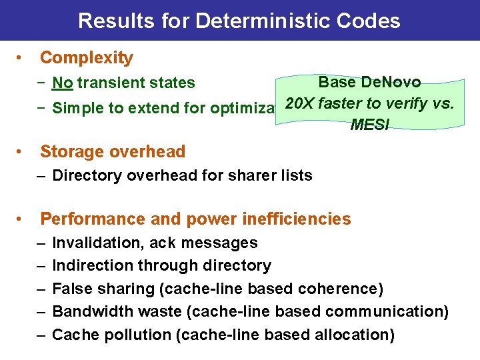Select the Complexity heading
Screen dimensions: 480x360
click(87, 58)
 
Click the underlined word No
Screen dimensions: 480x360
click(63, 83)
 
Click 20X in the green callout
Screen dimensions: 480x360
click(299, 104)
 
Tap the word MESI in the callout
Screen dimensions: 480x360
click(369, 125)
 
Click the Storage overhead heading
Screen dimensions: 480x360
click(113, 151)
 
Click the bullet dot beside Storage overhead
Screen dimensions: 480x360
click(22, 151)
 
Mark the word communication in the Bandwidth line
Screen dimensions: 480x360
click(387, 311)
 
